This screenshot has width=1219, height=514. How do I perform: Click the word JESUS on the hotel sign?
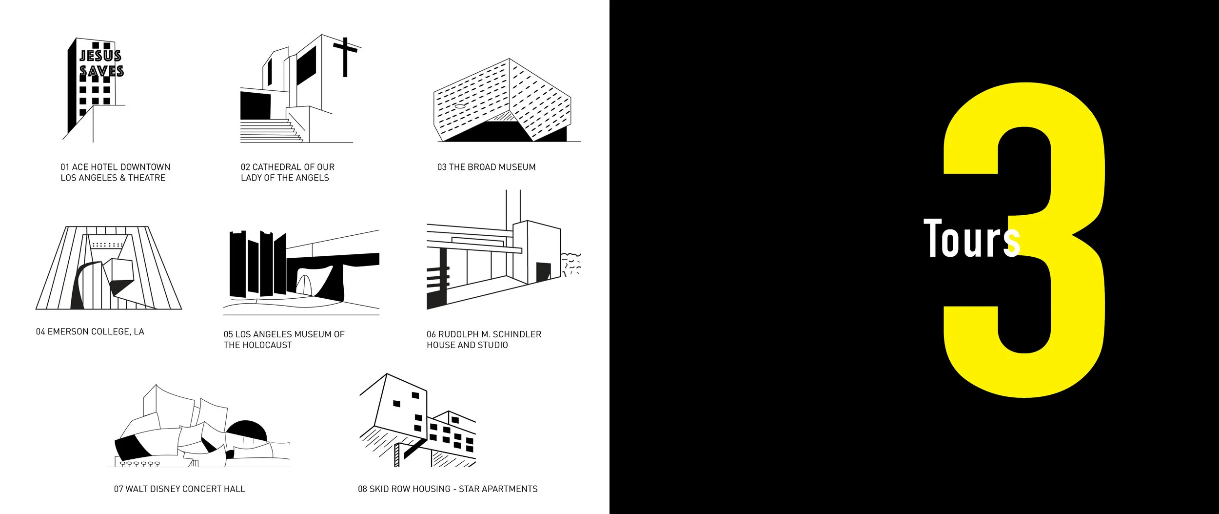[x=100, y=55]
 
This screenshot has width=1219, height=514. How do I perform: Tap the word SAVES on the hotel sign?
[x=101, y=71]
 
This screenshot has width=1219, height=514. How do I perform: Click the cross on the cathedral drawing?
[x=345, y=56]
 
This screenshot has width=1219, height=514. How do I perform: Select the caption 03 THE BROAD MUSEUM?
[x=486, y=167]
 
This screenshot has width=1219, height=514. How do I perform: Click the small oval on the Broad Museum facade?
[x=460, y=106]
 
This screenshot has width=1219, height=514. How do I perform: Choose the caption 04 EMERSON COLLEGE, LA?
[x=90, y=331]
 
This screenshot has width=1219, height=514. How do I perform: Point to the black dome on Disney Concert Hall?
[x=247, y=429]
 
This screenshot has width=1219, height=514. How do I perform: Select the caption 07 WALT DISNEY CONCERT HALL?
[x=179, y=489]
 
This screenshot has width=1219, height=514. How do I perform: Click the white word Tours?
[x=971, y=239]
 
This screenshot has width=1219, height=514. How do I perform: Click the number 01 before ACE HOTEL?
[x=65, y=167]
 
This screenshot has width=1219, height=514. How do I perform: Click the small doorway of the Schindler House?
[x=543, y=272]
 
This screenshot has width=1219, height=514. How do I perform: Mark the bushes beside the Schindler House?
[x=571, y=264]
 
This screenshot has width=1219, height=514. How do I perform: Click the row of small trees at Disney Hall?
[x=140, y=464]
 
